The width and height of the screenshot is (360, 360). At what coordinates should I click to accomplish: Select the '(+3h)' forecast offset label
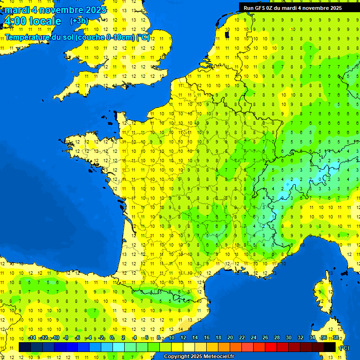click(79, 21)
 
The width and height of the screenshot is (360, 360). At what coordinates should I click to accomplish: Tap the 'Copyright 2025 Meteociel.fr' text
click(199, 357)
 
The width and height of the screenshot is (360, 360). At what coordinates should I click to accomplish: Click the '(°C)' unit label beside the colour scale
click(344, 348)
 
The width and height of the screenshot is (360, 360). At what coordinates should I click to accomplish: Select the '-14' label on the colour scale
click(32, 337)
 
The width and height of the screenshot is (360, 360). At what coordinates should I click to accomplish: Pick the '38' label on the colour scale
click(336, 337)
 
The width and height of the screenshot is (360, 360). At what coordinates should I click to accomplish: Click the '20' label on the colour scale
click(230, 337)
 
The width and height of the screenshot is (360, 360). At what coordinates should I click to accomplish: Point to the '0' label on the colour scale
click(112, 337)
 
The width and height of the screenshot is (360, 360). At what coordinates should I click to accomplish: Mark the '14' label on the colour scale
click(195, 337)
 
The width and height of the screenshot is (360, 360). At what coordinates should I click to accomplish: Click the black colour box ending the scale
click(330, 347)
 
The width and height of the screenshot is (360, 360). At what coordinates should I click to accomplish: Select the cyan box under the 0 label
click(119, 347)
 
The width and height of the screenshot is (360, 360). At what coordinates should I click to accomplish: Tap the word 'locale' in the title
click(45, 21)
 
